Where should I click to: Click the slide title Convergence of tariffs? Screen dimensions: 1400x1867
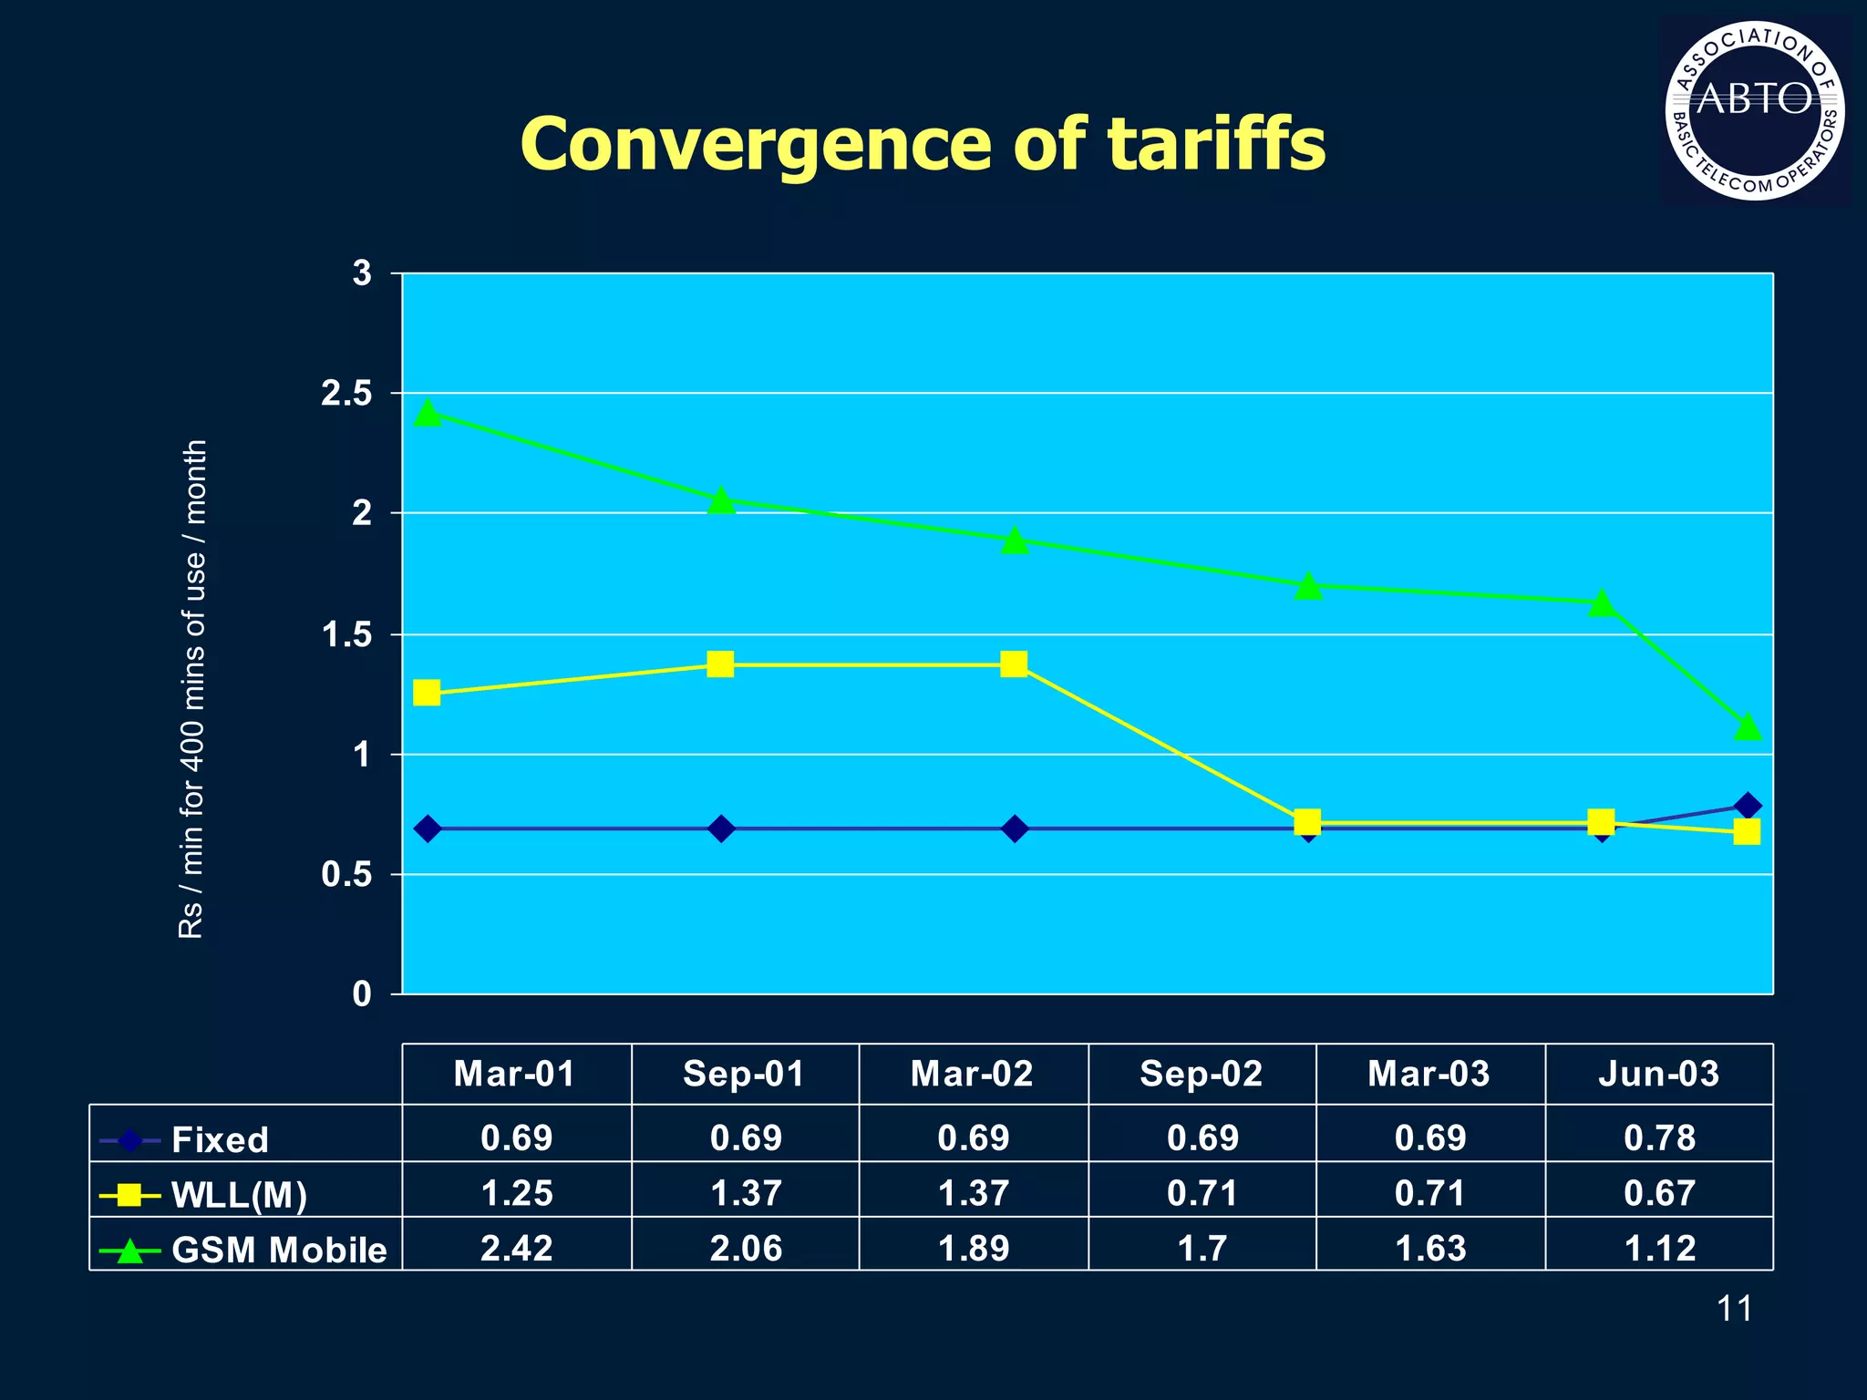tap(923, 144)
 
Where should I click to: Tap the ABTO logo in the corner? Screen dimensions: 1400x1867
tap(1754, 110)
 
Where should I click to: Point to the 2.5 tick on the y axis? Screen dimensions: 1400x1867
tap(347, 394)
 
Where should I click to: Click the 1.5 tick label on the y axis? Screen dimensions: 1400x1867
tap(347, 634)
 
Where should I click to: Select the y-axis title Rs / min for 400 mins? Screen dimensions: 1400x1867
tap(192, 689)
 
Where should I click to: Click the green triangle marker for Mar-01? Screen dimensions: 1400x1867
tap(427, 414)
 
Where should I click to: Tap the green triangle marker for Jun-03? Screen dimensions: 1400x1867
tap(1747, 727)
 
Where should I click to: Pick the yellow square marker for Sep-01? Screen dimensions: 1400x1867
tap(720, 664)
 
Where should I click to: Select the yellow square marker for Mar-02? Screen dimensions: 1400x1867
tap(1014, 664)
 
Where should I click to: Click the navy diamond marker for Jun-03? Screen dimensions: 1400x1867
tap(1747, 806)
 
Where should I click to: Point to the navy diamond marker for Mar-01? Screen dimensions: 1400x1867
tap(427, 829)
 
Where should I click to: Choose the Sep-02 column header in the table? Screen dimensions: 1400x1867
tap(1202, 1074)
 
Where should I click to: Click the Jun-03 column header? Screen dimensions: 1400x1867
tap(1658, 1074)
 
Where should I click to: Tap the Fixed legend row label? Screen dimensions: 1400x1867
tap(220, 1139)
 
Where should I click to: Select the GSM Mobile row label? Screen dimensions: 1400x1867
tap(279, 1249)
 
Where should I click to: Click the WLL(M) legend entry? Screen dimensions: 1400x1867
tap(239, 1194)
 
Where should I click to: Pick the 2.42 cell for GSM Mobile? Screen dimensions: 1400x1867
tap(517, 1248)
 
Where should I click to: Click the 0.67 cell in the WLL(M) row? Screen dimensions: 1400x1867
tap(1659, 1193)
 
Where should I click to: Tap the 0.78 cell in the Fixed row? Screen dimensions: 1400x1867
tap(1659, 1137)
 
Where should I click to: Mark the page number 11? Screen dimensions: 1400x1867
tap(1734, 1309)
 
